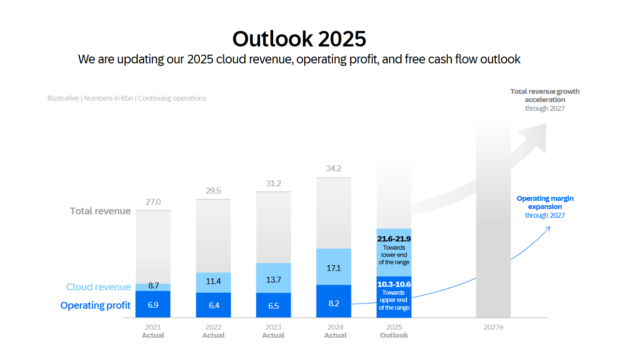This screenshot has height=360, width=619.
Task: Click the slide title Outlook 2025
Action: coord(299,38)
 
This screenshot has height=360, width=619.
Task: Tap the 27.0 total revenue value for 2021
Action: coord(153,202)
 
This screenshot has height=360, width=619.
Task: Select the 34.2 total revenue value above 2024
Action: coord(334,168)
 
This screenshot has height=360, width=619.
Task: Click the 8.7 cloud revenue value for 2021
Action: coord(153,286)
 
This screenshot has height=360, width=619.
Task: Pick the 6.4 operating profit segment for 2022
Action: coord(213,305)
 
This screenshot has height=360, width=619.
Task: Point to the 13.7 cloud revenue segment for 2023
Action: coord(273,279)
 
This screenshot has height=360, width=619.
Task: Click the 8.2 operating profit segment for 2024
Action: coord(334,303)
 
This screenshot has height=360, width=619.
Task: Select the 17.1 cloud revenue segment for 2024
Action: coord(334,268)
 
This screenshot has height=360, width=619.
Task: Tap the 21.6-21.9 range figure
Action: coord(394,239)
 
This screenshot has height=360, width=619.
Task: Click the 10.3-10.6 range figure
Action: coord(394,284)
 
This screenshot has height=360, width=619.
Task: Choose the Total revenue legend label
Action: coord(100,211)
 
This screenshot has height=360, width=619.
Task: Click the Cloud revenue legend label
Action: coord(99,287)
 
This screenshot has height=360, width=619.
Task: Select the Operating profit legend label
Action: coord(95,305)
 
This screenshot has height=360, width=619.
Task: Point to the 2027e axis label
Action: coord(493,327)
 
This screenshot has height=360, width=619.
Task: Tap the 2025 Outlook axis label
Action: coord(394,331)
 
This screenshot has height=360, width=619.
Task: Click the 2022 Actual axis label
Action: coord(213,331)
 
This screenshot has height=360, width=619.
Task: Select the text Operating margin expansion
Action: coord(545,202)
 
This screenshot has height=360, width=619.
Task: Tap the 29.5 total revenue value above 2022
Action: coord(213,191)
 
